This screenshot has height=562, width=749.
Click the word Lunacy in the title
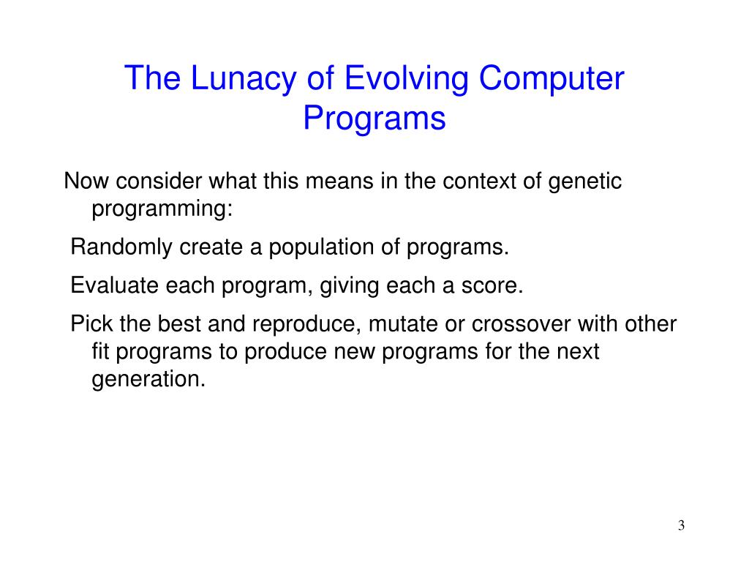(x=244, y=79)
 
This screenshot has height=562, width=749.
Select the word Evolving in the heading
(x=406, y=79)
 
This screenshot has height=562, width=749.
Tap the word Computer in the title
(x=552, y=79)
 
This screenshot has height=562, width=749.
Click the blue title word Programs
(x=374, y=119)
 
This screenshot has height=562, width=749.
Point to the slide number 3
(x=681, y=525)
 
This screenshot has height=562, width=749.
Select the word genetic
(x=584, y=182)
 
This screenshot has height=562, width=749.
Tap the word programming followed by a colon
(x=162, y=209)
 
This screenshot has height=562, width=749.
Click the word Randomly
(x=121, y=247)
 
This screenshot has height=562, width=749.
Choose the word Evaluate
(x=114, y=285)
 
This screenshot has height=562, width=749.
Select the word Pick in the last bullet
(x=91, y=323)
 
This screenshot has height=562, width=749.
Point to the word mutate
(x=403, y=324)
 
